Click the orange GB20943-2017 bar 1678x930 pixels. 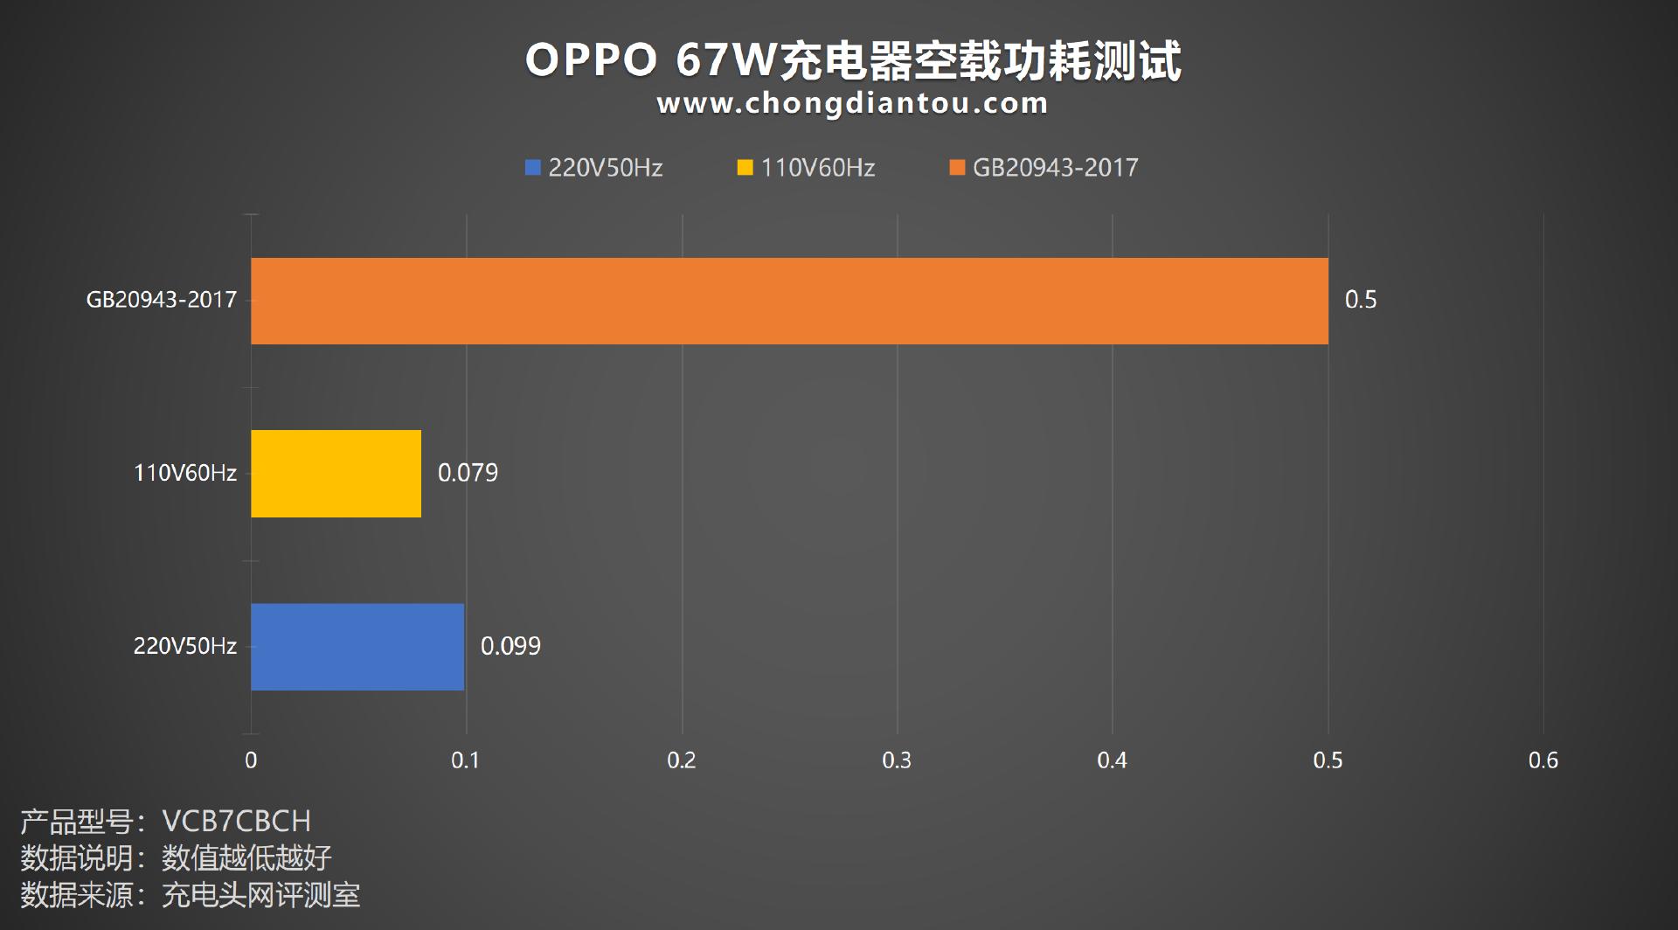click(789, 301)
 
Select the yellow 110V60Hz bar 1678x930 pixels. click(336, 473)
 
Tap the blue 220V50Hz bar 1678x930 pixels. click(357, 646)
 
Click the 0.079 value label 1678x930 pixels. click(468, 473)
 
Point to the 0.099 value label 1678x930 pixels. click(510, 646)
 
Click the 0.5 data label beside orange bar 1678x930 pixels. click(1360, 300)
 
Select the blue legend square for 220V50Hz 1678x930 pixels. click(533, 168)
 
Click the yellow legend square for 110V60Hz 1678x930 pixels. click(745, 168)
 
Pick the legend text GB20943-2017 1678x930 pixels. click(1055, 168)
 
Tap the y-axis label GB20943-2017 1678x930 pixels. click(162, 300)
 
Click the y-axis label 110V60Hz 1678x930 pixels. click(184, 473)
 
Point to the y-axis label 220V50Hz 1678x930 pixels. click(184, 646)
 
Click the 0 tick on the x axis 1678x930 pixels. click(251, 760)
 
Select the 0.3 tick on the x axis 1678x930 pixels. click(897, 760)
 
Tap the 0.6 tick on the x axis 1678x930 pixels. click(1543, 760)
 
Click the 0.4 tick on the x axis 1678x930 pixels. click(1112, 760)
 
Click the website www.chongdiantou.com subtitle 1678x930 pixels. click(852, 103)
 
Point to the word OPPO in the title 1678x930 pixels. click(591, 61)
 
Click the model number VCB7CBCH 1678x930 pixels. click(236, 821)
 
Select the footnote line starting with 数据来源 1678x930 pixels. click(190, 895)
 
